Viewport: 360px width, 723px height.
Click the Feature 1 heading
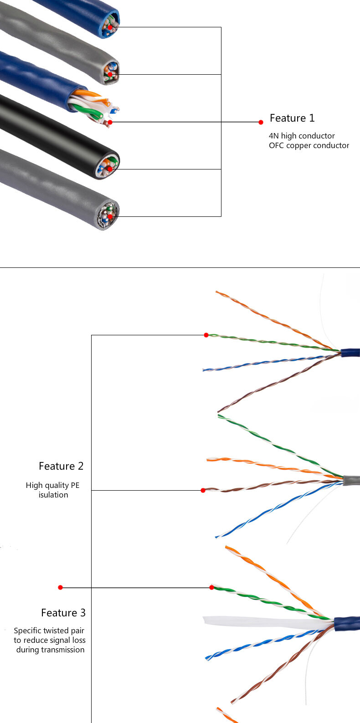point(292,118)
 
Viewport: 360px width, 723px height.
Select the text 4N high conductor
point(302,136)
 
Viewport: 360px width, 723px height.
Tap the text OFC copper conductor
point(309,146)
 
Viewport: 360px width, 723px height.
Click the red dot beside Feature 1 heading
point(261,122)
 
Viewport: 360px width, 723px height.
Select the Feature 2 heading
point(61,466)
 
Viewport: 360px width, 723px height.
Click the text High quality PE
point(52,485)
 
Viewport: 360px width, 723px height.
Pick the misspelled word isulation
point(53,495)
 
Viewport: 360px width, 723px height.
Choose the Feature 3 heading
point(63,613)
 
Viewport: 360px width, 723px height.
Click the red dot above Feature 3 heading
point(60,588)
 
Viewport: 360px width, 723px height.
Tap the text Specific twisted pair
point(49,631)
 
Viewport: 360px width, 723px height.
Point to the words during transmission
point(50,650)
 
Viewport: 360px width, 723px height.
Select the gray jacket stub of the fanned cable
point(351,480)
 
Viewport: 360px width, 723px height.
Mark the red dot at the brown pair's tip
point(203,490)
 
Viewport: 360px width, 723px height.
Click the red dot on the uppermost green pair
point(206,335)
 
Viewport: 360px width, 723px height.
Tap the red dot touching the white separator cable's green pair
point(211,588)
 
